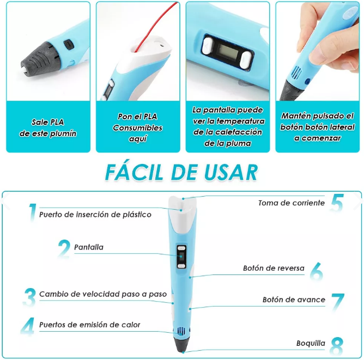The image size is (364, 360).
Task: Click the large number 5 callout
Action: (x=337, y=203)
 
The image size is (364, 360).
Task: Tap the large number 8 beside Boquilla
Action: (x=337, y=346)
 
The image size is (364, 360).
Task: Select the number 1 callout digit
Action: (x=32, y=212)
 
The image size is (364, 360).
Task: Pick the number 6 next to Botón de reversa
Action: (x=317, y=271)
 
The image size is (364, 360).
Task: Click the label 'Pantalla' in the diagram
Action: (x=89, y=247)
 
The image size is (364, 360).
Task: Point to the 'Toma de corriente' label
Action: (x=292, y=203)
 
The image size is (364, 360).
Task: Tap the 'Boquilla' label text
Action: (x=311, y=343)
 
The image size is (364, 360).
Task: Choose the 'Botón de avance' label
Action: (x=294, y=300)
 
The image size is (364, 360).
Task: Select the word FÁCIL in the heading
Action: (x=134, y=172)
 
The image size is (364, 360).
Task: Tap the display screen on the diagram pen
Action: (x=181, y=257)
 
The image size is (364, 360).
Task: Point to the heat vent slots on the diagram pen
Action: (x=180, y=331)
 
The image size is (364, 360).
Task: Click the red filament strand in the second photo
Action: (x=158, y=26)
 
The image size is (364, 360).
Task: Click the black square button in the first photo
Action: (x=69, y=44)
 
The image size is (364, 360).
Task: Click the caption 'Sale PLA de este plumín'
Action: (x=48, y=128)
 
